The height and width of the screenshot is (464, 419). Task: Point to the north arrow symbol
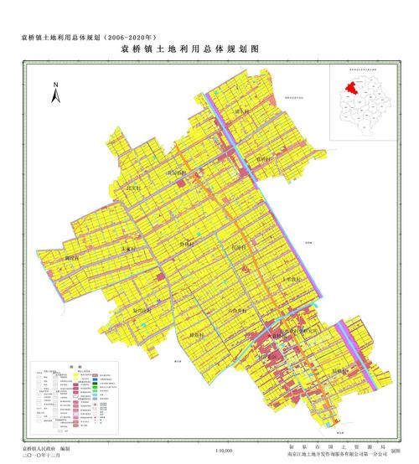54,92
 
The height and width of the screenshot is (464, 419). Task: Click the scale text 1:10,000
225,451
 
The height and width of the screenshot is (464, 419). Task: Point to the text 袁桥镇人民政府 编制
50,450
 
